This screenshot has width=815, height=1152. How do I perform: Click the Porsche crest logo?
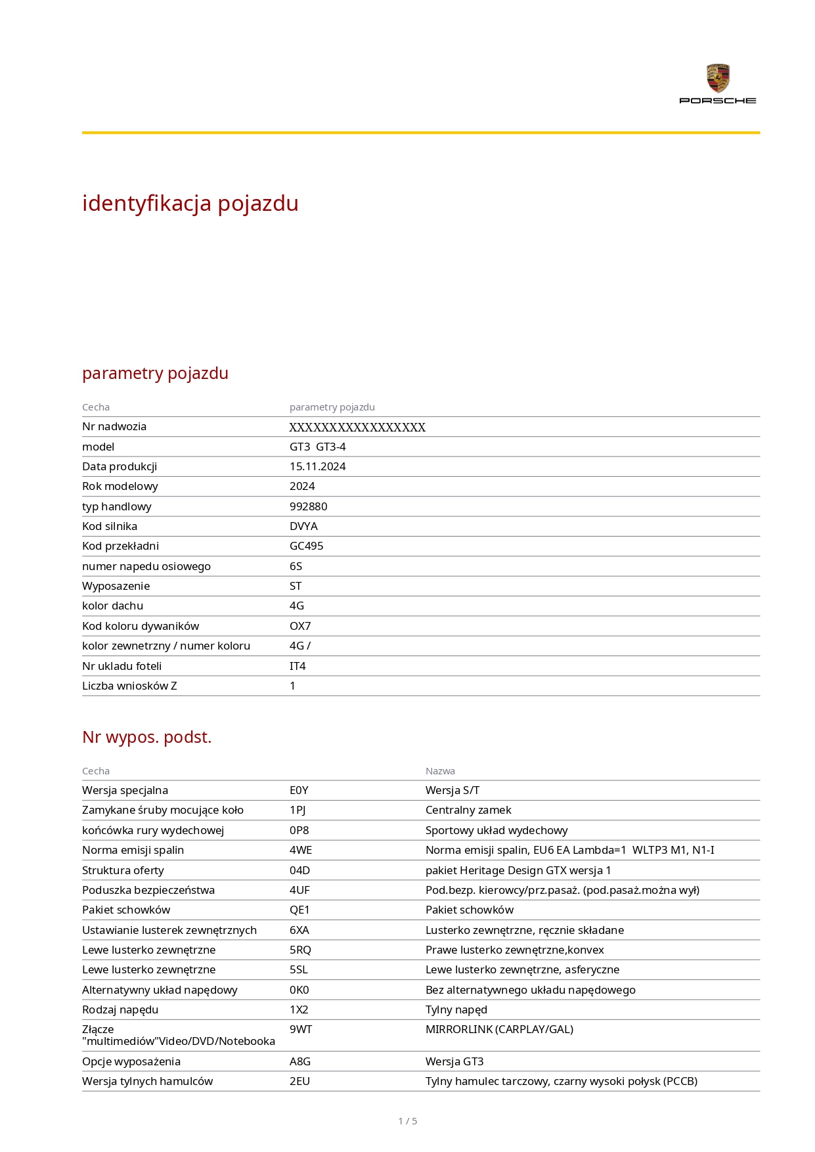[x=718, y=78]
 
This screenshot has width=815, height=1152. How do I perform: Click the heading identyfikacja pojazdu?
[x=190, y=204]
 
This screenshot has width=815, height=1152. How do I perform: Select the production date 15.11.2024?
[x=317, y=466]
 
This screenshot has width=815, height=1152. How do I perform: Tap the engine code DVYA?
[x=303, y=526]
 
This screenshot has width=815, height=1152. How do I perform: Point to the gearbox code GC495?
[x=306, y=546]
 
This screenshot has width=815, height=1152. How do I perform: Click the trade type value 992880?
[x=308, y=506]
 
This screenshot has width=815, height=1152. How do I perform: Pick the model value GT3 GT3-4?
[x=317, y=447]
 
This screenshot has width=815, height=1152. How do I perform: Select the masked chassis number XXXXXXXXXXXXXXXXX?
[x=357, y=427]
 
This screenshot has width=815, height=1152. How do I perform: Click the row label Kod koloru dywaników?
[x=141, y=626]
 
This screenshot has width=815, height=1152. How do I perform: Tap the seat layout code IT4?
[x=297, y=666]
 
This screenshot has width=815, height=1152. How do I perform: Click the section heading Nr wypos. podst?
[x=146, y=737]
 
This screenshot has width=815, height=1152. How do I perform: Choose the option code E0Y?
[x=299, y=790]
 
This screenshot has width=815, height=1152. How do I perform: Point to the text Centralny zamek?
[x=468, y=810]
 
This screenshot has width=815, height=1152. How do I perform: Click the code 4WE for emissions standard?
[x=301, y=850]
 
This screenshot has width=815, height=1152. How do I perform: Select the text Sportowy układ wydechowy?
[x=496, y=830]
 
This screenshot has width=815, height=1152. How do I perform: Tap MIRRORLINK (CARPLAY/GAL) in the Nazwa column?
[x=499, y=1029]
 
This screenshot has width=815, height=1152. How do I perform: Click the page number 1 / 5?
[x=407, y=1121]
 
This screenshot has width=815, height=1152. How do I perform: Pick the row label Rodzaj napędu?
[x=120, y=1009]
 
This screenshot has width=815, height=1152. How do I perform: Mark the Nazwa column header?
[x=440, y=771]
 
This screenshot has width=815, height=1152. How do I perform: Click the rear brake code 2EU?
[x=299, y=1081]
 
